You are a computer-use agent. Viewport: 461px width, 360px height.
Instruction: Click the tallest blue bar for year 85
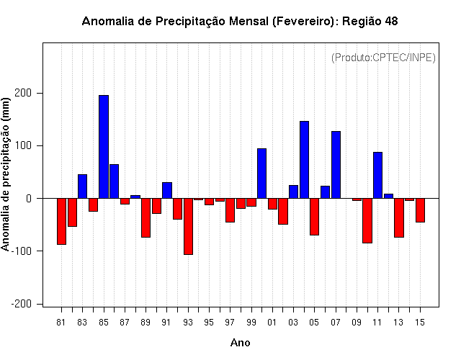(104, 147)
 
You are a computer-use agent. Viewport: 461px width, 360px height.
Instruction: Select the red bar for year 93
(188, 226)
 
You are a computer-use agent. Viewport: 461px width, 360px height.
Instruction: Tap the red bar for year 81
(61, 221)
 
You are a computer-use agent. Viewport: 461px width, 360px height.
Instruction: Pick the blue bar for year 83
(82, 186)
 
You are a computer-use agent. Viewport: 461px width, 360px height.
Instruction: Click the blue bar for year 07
(336, 165)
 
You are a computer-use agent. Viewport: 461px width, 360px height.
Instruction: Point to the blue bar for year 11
(377, 175)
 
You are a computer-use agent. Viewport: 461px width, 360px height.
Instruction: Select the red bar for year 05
(314, 217)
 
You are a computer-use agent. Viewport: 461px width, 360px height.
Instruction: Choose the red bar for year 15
(420, 210)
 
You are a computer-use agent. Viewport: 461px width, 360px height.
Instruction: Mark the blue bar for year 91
(167, 190)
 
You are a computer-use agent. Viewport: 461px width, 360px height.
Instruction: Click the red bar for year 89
(146, 217)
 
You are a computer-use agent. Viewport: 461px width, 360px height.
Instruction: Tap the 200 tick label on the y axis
(23, 93)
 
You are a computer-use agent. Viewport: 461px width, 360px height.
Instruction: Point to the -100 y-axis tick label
(21, 251)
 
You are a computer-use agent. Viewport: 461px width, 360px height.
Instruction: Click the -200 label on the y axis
(21, 304)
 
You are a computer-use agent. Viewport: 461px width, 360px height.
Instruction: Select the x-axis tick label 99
(251, 323)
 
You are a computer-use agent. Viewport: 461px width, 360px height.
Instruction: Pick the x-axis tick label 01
(272, 323)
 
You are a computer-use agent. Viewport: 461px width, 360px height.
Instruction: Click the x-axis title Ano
(240, 343)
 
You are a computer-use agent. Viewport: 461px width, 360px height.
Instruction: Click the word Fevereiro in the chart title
(303, 21)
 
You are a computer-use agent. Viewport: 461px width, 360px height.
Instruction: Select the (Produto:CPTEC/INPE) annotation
(383, 58)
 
